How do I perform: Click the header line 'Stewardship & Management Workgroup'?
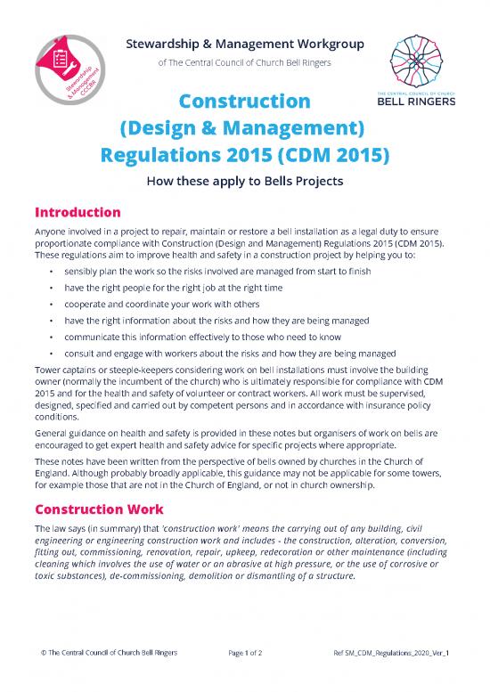coord(244,43)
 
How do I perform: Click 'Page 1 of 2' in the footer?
coord(244,677)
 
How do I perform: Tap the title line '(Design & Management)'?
coord(244,130)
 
